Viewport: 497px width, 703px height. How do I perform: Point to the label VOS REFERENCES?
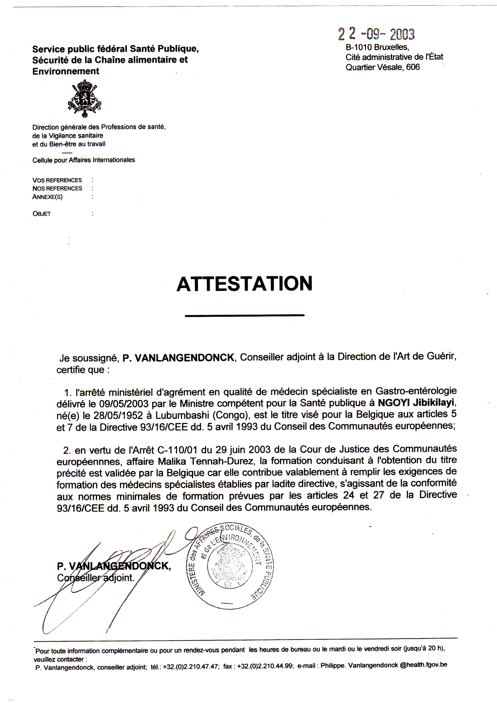click(57, 180)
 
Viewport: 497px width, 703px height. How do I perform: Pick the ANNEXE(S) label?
click(47, 197)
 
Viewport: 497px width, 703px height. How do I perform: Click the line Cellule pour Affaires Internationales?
click(84, 160)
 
